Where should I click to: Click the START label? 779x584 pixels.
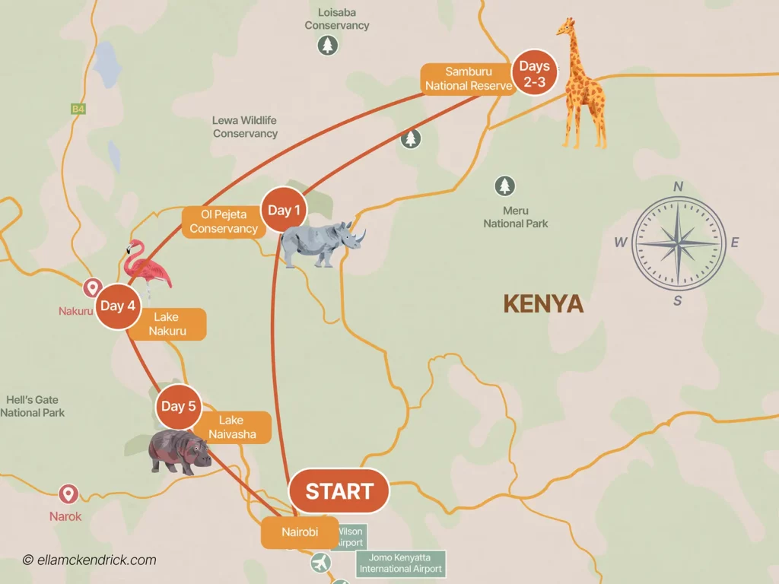(x=339, y=491)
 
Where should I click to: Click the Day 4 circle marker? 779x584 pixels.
(x=118, y=306)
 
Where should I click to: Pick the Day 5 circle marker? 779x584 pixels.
(x=178, y=406)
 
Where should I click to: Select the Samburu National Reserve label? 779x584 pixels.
(x=468, y=79)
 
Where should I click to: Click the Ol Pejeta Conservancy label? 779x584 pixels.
(x=224, y=221)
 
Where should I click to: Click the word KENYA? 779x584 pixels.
(x=543, y=304)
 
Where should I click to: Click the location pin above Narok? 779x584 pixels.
(x=68, y=494)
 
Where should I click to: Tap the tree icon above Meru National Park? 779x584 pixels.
(x=504, y=186)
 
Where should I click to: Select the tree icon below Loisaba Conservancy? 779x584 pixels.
(x=327, y=46)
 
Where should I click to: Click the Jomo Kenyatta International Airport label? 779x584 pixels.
(x=400, y=563)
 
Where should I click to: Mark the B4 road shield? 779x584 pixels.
(x=78, y=109)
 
